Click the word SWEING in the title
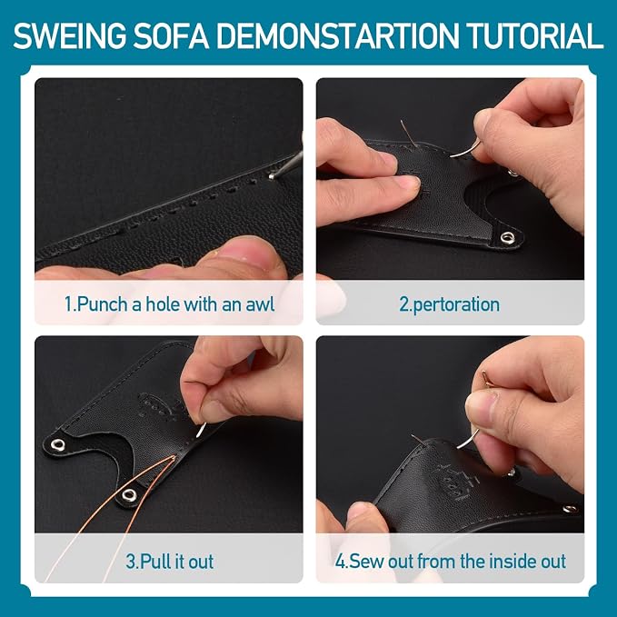coord(70,36)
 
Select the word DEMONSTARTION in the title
coord(338,36)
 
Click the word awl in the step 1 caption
coord(260,304)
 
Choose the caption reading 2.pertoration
coord(450,305)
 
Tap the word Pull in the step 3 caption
coord(155,562)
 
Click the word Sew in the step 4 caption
coord(367,562)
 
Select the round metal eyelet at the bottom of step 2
coord(508,237)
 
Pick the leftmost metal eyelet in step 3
coord(58,444)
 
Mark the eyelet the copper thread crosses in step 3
coord(129,494)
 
